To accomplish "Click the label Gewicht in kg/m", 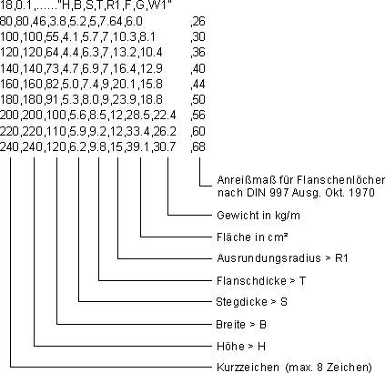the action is [x=258, y=216].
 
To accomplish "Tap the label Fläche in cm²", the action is [x=252, y=237].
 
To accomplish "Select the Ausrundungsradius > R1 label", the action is [x=282, y=258].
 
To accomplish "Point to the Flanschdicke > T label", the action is [x=261, y=281].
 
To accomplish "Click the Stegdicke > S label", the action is [x=251, y=302].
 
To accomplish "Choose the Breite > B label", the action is [x=241, y=325].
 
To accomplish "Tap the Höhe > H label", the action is [x=241, y=346].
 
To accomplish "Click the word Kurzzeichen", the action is [x=248, y=368].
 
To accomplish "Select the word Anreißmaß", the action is [x=247, y=180].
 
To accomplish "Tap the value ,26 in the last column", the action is [x=198, y=21].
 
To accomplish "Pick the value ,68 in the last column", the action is [x=198, y=146].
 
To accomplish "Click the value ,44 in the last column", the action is [x=198, y=84].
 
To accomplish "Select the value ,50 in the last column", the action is [x=198, y=99].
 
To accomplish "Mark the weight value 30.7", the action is [x=165, y=146].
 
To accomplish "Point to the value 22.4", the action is [x=165, y=116].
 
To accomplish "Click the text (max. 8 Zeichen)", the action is [x=329, y=368].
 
